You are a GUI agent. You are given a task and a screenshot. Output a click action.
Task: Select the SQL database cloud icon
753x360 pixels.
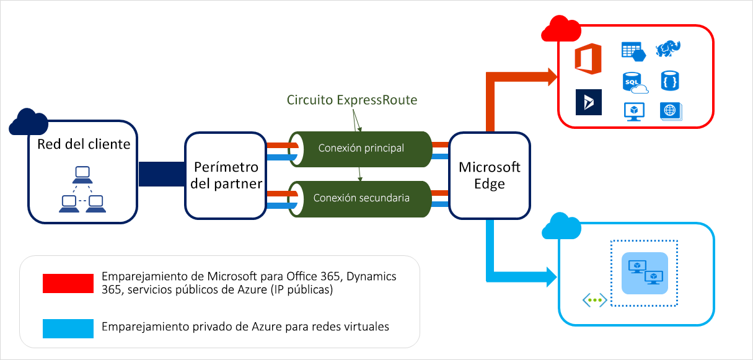coord(633,82)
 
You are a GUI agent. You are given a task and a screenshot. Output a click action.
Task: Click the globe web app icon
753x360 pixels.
coord(670,111)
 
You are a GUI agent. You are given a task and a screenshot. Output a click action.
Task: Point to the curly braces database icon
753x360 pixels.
coord(670,81)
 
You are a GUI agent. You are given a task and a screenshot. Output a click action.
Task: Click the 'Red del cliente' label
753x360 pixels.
coord(84,144)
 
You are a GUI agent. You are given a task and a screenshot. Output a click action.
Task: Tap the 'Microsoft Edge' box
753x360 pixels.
coord(489,175)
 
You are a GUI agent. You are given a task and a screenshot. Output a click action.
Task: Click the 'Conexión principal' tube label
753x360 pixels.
coord(361,148)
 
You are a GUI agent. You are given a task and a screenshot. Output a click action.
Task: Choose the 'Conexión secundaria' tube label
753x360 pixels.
coord(361,198)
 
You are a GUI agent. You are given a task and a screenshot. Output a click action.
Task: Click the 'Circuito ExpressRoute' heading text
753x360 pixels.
coord(352,100)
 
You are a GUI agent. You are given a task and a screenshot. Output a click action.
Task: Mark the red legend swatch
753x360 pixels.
coord(68,283)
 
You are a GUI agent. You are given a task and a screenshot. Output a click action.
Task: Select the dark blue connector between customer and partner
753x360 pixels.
coord(161,174)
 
